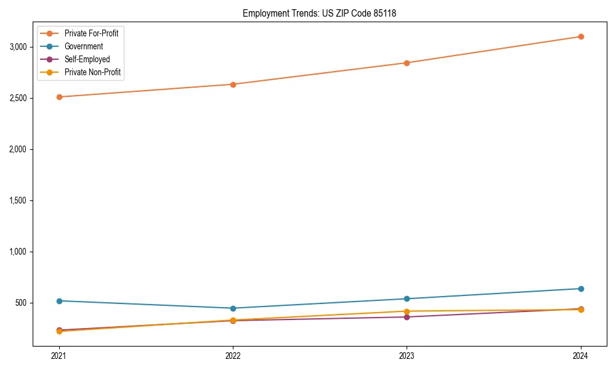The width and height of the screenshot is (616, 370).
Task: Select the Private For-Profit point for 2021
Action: click(x=59, y=97)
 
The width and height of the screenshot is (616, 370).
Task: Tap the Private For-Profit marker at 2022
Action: click(x=233, y=84)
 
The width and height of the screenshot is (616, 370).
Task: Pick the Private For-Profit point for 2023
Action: click(x=407, y=63)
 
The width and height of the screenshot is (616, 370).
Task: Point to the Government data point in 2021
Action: click(x=59, y=301)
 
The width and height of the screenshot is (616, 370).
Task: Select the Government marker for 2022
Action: click(x=233, y=308)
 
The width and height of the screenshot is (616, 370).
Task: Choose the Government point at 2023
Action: click(x=407, y=299)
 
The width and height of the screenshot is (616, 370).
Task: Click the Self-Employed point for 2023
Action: click(x=407, y=317)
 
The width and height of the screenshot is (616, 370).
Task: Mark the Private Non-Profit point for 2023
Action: click(x=407, y=311)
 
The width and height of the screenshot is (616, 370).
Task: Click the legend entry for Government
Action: click(x=83, y=46)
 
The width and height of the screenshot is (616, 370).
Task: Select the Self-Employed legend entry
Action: click(x=87, y=59)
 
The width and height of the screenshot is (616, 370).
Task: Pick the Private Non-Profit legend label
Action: click(x=92, y=72)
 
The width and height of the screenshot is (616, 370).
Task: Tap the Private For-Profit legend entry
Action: click(x=91, y=33)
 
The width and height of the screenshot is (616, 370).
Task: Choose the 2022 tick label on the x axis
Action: click(x=233, y=356)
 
